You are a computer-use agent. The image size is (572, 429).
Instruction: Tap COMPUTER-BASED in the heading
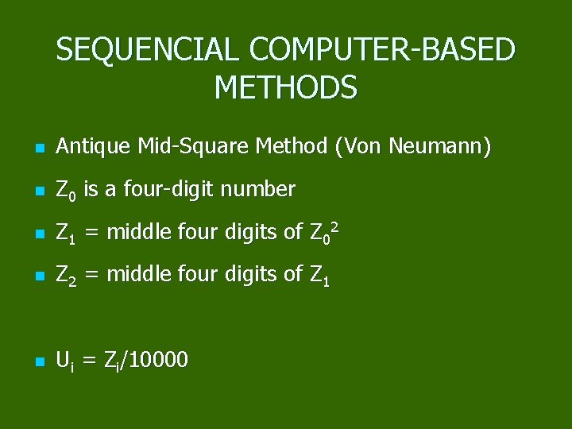pyautogui.click(x=382, y=50)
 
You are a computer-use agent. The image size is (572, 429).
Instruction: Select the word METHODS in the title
pyautogui.click(x=286, y=87)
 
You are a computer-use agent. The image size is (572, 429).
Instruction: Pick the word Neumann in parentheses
pyautogui.click(x=443, y=147)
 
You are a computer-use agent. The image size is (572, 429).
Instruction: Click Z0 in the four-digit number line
pyautogui.click(x=66, y=191)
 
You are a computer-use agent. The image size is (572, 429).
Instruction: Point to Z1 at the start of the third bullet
pyautogui.click(x=66, y=234)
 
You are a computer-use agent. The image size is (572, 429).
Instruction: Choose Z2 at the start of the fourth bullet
pyautogui.click(x=66, y=276)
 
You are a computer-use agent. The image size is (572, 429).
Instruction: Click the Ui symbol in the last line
pyautogui.click(x=65, y=361)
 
